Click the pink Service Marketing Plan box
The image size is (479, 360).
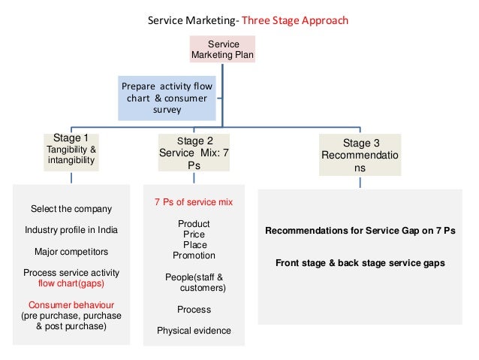click(223, 50)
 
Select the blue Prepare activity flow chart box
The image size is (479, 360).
click(167, 98)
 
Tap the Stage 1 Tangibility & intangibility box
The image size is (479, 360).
click(71, 150)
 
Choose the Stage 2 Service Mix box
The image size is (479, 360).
click(194, 153)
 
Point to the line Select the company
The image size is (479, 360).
click(71, 208)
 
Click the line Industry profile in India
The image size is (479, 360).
click(71, 229)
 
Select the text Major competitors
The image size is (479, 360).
click(71, 251)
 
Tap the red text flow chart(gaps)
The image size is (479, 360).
click(71, 283)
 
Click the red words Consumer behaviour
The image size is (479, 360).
click(71, 305)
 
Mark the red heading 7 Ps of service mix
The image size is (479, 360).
click(193, 203)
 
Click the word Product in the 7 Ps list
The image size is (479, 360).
click(194, 224)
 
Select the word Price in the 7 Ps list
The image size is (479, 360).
click(194, 234)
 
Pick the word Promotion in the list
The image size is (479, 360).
click(194, 256)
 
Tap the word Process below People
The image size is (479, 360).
click(194, 310)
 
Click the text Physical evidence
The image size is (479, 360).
click(194, 331)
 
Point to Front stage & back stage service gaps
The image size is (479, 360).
click(360, 263)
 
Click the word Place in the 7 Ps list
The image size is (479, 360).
click(194, 245)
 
